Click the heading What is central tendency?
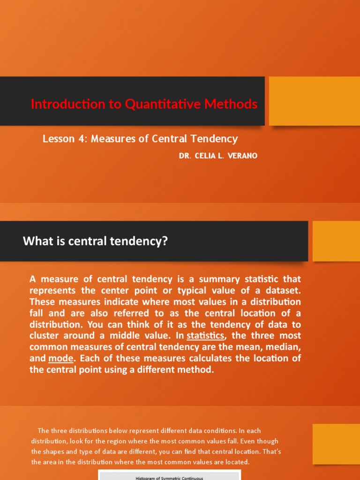(95, 241)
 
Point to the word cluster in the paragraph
(44, 336)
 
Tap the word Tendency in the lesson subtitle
(215, 139)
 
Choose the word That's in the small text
(270, 451)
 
